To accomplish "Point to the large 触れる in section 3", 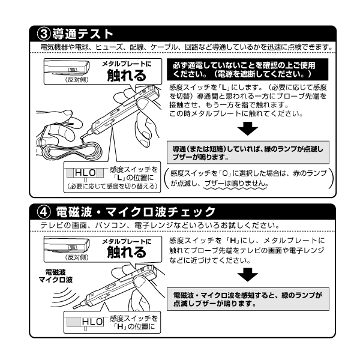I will (x=125, y=76).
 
